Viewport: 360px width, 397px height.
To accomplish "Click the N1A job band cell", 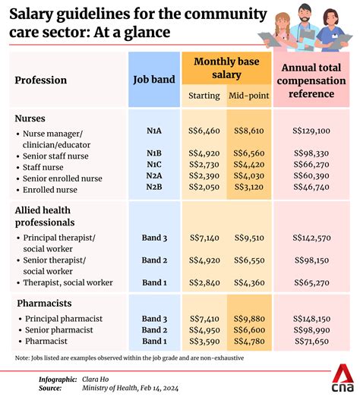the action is (154, 131).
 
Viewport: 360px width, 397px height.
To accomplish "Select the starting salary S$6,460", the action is (204, 131).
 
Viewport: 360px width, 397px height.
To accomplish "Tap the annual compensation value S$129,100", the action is (311, 131).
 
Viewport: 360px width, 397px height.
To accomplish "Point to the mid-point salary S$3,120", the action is (249, 187).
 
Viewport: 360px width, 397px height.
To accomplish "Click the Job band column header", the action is (154, 80).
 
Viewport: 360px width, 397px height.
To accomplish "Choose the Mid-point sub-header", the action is (249, 96).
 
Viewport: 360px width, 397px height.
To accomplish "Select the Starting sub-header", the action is (204, 96).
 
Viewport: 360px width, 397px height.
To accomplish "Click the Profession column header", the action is (41, 80).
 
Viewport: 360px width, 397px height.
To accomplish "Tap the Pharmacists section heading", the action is (44, 303).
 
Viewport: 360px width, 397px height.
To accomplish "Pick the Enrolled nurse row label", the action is (50, 190).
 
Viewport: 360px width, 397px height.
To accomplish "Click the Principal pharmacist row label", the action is (64, 319).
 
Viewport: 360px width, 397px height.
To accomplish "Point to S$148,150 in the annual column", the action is (312, 319).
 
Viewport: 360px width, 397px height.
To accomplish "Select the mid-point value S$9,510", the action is (249, 238).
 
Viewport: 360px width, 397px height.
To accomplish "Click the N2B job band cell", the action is (154, 187).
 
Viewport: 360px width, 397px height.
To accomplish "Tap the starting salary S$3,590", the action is (204, 341).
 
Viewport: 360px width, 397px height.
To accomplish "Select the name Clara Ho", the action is (95, 380).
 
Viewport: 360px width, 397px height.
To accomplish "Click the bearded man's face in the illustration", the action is (305, 14).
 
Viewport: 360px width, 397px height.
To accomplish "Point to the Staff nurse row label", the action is (43, 167).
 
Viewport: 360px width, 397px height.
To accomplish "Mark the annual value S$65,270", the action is (312, 282).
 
